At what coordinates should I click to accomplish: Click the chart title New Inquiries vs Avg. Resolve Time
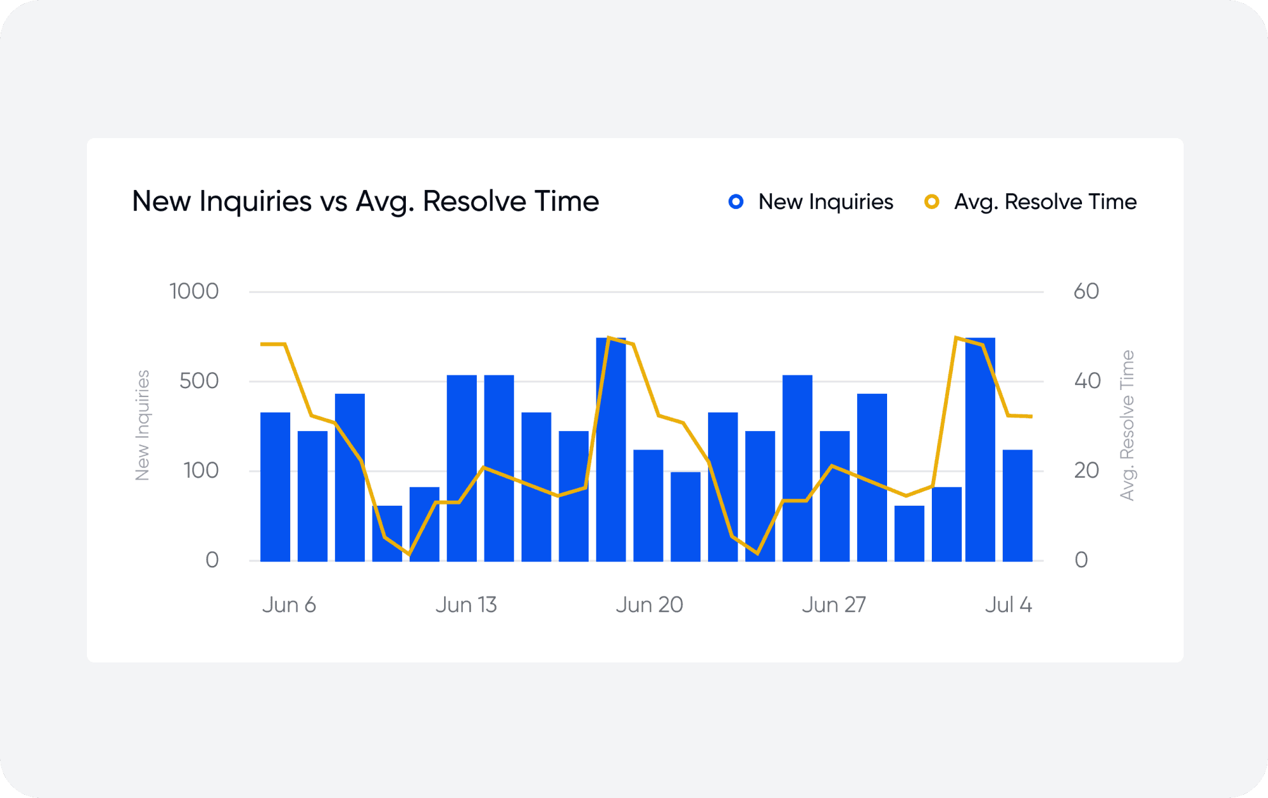[x=365, y=201]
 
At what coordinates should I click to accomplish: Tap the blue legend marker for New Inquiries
[x=736, y=202]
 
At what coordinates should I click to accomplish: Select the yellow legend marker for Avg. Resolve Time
[x=932, y=202]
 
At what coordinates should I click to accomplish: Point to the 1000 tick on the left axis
[x=194, y=292]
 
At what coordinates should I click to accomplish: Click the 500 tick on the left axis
[x=199, y=381]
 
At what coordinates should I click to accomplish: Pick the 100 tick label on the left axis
[x=201, y=471]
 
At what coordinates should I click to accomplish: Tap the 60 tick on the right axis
[x=1086, y=292]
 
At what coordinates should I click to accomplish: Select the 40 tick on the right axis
[x=1087, y=381]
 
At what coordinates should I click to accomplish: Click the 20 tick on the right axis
[x=1086, y=471]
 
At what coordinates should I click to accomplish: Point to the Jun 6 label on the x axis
[x=289, y=605]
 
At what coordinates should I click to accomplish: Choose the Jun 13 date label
[x=466, y=605]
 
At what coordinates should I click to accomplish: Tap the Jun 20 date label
[x=649, y=605]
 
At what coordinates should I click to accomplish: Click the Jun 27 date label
[x=833, y=605]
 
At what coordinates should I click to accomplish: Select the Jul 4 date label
[x=1008, y=605]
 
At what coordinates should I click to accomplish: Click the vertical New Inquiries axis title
[x=142, y=425]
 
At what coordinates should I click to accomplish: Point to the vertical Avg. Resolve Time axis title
[x=1127, y=425]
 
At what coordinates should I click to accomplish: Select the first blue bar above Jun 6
[x=275, y=487]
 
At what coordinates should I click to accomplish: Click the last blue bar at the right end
[x=1017, y=505]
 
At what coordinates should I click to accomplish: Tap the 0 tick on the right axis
[x=1081, y=560]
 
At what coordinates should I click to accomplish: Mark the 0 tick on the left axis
[x=212, y=560]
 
